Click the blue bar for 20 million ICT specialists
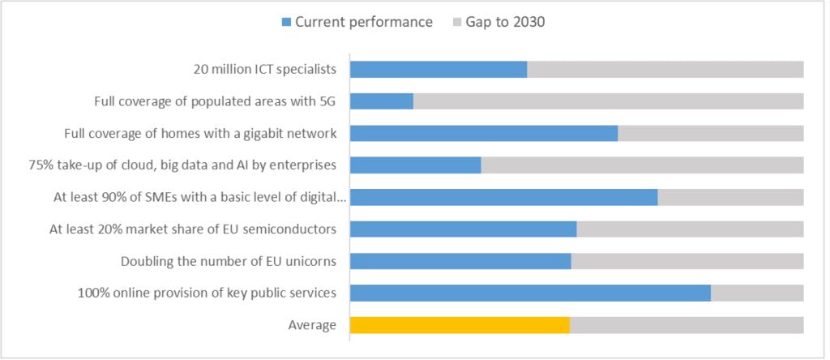(439, 70)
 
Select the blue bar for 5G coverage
(382, 101)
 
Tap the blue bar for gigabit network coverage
(484, 133)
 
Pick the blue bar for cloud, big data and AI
(416, 165)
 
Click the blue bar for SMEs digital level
(503, 197)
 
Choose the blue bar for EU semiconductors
(463, 229)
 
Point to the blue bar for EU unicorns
(460, 261)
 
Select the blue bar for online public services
(530, 294)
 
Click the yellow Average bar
(460, 325)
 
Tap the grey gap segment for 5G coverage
(608, 101)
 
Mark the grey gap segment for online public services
(757, 294)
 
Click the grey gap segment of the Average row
(687, 325)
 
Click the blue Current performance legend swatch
(286, 23)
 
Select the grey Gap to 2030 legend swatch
(456, 23)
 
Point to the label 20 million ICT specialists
(264, 70)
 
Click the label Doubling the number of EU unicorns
(229, 261)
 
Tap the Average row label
(312, 325)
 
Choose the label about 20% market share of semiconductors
(193, 229)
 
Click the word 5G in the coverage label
(327, 101)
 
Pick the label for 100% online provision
(207, 294)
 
